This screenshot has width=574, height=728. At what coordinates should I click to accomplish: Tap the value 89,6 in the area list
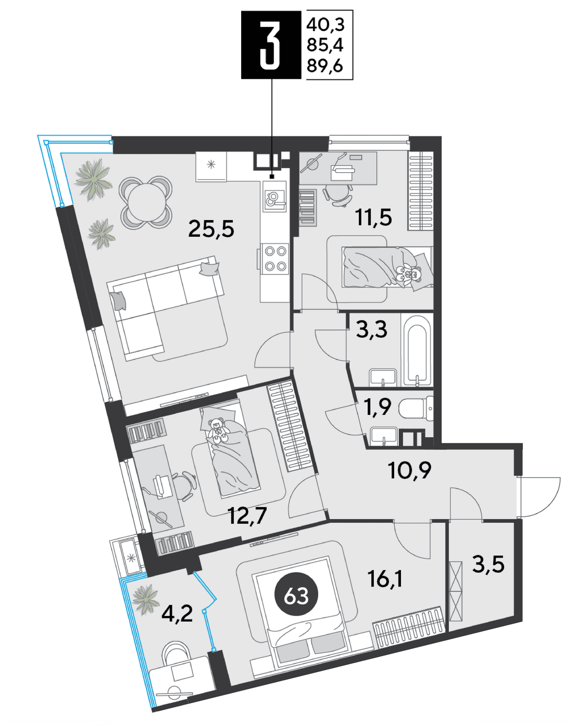pos(325,66)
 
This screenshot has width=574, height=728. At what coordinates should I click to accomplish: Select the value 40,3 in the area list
pos(325,24)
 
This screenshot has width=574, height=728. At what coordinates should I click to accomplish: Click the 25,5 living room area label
pos(211,229)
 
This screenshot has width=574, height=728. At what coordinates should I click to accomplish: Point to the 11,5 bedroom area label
pos(374,217)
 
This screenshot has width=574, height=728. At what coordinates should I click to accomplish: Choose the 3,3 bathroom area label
pos(372,330)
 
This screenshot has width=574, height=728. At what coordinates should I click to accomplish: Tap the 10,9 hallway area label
pos(409,470)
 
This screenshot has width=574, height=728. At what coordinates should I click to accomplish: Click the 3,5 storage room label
pos(488,564)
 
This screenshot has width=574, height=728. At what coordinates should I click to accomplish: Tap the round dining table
pos(145,203)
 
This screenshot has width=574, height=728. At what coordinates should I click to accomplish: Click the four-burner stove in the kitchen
pos(275,259)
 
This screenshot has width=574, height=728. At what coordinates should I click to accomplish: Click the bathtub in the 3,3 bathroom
pos(417,351)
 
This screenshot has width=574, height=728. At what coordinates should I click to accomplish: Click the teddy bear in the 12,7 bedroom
pos(218,431)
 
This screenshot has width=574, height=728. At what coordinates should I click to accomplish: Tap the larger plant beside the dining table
pos(93,180)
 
